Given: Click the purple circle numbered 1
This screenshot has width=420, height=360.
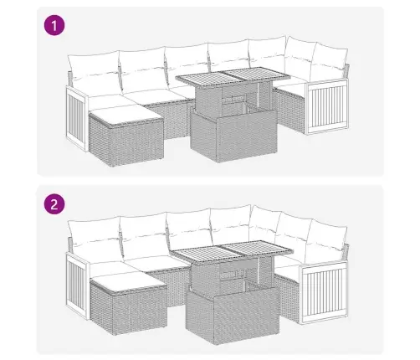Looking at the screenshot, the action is (x=54, y=25).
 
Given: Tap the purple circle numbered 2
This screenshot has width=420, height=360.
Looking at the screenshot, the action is (x=54, y=204).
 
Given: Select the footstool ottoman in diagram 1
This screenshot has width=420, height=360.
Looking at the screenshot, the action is (x=126, y=136).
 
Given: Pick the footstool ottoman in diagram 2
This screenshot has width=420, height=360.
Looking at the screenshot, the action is (x=129, y=304).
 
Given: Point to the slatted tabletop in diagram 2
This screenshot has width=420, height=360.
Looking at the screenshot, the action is (x=233, y=250).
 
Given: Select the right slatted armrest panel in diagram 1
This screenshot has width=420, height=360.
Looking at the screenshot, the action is (x=328, y=106).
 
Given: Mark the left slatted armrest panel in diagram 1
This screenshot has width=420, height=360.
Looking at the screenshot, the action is (x=77, y=119).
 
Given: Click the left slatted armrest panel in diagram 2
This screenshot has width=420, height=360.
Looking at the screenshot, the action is (x=77, y=285).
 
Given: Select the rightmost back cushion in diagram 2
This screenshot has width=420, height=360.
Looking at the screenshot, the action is (x=325, y=240).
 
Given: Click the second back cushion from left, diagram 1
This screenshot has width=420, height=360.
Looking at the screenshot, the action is (x=143, y=69).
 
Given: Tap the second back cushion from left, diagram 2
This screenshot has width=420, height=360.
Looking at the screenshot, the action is (x=145, y=235).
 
